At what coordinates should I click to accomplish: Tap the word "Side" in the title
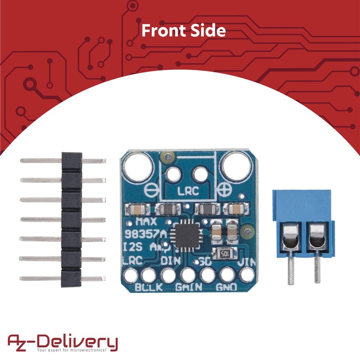click(209, 30)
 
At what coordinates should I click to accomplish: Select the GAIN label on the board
click(188, 286)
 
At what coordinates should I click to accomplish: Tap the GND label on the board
click(228, 286)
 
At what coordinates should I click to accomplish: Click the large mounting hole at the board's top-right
click(236, 165)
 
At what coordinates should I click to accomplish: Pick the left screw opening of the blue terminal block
click(290, 236)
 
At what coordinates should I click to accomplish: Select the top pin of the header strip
click(63, 159)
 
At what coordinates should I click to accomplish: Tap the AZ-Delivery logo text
click(63, 341)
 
